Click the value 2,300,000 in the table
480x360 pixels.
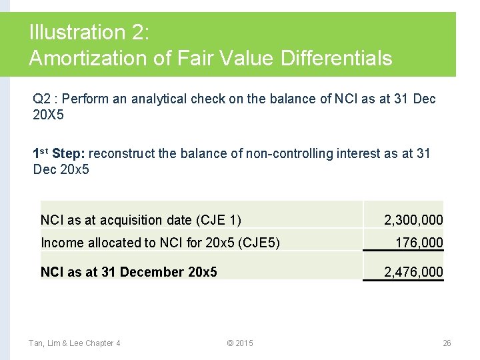pos(413,220)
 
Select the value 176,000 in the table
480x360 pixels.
pos(419,243)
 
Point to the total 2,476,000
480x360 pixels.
pos(413,272)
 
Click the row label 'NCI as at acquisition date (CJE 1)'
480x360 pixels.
pos(141,220)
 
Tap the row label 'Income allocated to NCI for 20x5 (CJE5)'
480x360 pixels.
pos(160,243)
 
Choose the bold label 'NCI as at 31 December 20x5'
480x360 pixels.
pos(129,272)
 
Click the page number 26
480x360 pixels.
pos(447,343)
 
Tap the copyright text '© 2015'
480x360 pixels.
pos(240,343)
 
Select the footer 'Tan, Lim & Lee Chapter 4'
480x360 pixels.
pos(74,343)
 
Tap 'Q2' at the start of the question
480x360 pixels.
pos(42,99)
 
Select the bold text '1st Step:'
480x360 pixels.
pos(59,153)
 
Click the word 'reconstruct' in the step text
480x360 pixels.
pos(122,154)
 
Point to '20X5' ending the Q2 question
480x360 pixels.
pos(49,115)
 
